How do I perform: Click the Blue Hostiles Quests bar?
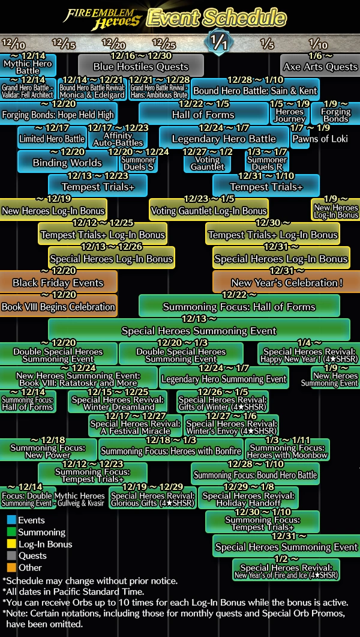click(x=141, y=67)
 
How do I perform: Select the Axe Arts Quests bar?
click(x=319, y=67)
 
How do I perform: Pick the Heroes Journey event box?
click(x=289, y=115)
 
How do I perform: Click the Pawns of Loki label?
click(x=319, y=139)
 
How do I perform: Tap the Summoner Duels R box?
click(x=267, y=163)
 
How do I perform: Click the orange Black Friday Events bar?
click(x=58, y=283)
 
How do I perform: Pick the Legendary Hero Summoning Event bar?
click(x=224, y=379)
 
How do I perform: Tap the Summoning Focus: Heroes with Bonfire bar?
click(x=170, y=451)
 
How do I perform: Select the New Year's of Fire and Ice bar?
click(x=286, y=571)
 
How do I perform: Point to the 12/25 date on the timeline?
click(x=164, y=44)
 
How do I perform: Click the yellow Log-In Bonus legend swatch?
click(x=11, y=544)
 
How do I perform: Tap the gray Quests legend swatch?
click(x=11, y=556)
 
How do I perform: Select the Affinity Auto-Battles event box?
click(x=118, y=139)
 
